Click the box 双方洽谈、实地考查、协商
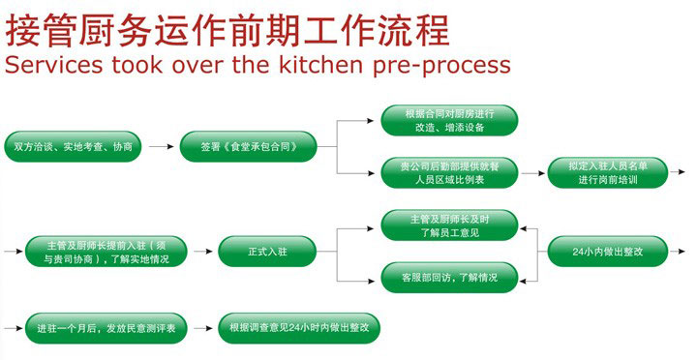coord(74,147)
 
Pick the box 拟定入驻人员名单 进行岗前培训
coord(607,173)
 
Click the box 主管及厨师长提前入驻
coord(107,251)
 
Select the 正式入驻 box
coord(267,251)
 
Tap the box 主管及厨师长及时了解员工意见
coord(448,225)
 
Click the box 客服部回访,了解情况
coord(448,277)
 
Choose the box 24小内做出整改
coord(608,251)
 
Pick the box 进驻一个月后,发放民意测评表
coord(106,327)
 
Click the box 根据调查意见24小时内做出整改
coord(299,327)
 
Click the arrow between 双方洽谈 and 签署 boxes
coord(162,147)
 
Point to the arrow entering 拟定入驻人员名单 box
coord(532,173)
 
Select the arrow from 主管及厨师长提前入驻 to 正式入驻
coord(201,251)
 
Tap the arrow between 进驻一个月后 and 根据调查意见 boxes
coord(204,327)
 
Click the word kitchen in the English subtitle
coord(318,66)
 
